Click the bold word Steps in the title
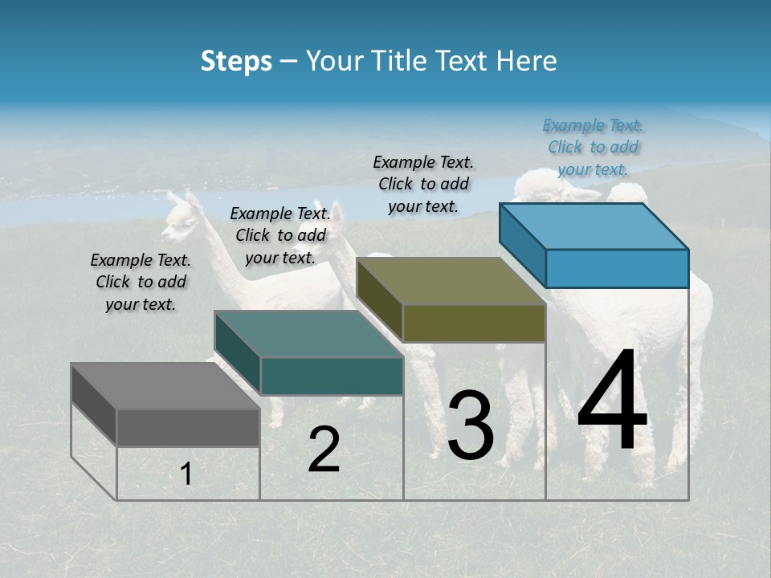pyautogui.click(x=236, y=61)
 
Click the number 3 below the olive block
pyautogui.click(x=471, y=425)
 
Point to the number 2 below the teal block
pyautogui.click(x=324, y=450)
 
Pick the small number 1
pyautogui.click(x=186, y=474)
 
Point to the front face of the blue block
pyautogui.click(x=617, y=268)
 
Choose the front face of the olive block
pyautogui.click(x=474, y=323)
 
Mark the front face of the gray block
pyautogui.click(x=188, y=427)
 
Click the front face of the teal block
pyautogui.click(x=332, y=376)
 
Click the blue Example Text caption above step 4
pyautogui.click(x=593, y=147)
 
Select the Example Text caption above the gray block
pyautogui.click(x=141, y=282)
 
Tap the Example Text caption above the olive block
pyautogui.click(x=423, y=184)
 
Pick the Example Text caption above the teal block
pyautogui.click(x=280, y=235)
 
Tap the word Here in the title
pyautogui.click(x=528, y=61)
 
